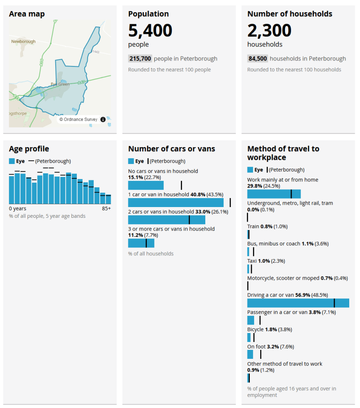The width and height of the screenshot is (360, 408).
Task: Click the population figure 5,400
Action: pyautogui.click(x=150, y=30)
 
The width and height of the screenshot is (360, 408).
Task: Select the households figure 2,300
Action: pyautogui.click(x=269, y=30)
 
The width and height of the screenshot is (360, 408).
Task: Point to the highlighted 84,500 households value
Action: pyautogui.click(x=257, y=59)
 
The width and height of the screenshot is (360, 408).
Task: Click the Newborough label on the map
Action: pyautogui.click(x=23, y=42)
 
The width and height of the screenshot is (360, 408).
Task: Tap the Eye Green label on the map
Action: pyautogui.click(x=60, y=84)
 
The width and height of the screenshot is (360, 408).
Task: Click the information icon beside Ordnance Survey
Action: pyautogui.click(x=103, y=119)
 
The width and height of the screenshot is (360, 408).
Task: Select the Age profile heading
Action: pyautogui.click(x=29, y=149)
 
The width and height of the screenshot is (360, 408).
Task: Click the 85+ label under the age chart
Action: pyautogui.click(x=106, y=208)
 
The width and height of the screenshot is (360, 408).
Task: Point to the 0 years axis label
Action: pyautogui.click(x=18, y=208)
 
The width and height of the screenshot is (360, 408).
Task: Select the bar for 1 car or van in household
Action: pyautogui.click(x=176, y=202)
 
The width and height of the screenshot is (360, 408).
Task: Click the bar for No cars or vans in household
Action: pyautogui.click(x=146, y=185)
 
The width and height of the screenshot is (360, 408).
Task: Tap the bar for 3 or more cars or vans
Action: pyautogui.click(x=141, y=243)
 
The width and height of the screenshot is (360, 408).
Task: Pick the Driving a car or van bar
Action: pyautogui.click(x=298, y=303)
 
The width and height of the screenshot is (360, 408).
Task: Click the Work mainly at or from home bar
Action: pyautogui.click(x=274, y=194)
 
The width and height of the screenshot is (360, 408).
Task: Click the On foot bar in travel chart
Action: pyautogui.click(x=250, y=354)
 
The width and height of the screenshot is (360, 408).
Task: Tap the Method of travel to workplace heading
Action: pyautogui.click(x=283, y=153)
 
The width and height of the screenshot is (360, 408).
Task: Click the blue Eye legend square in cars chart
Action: pyautogui.click(x=131, y=161)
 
